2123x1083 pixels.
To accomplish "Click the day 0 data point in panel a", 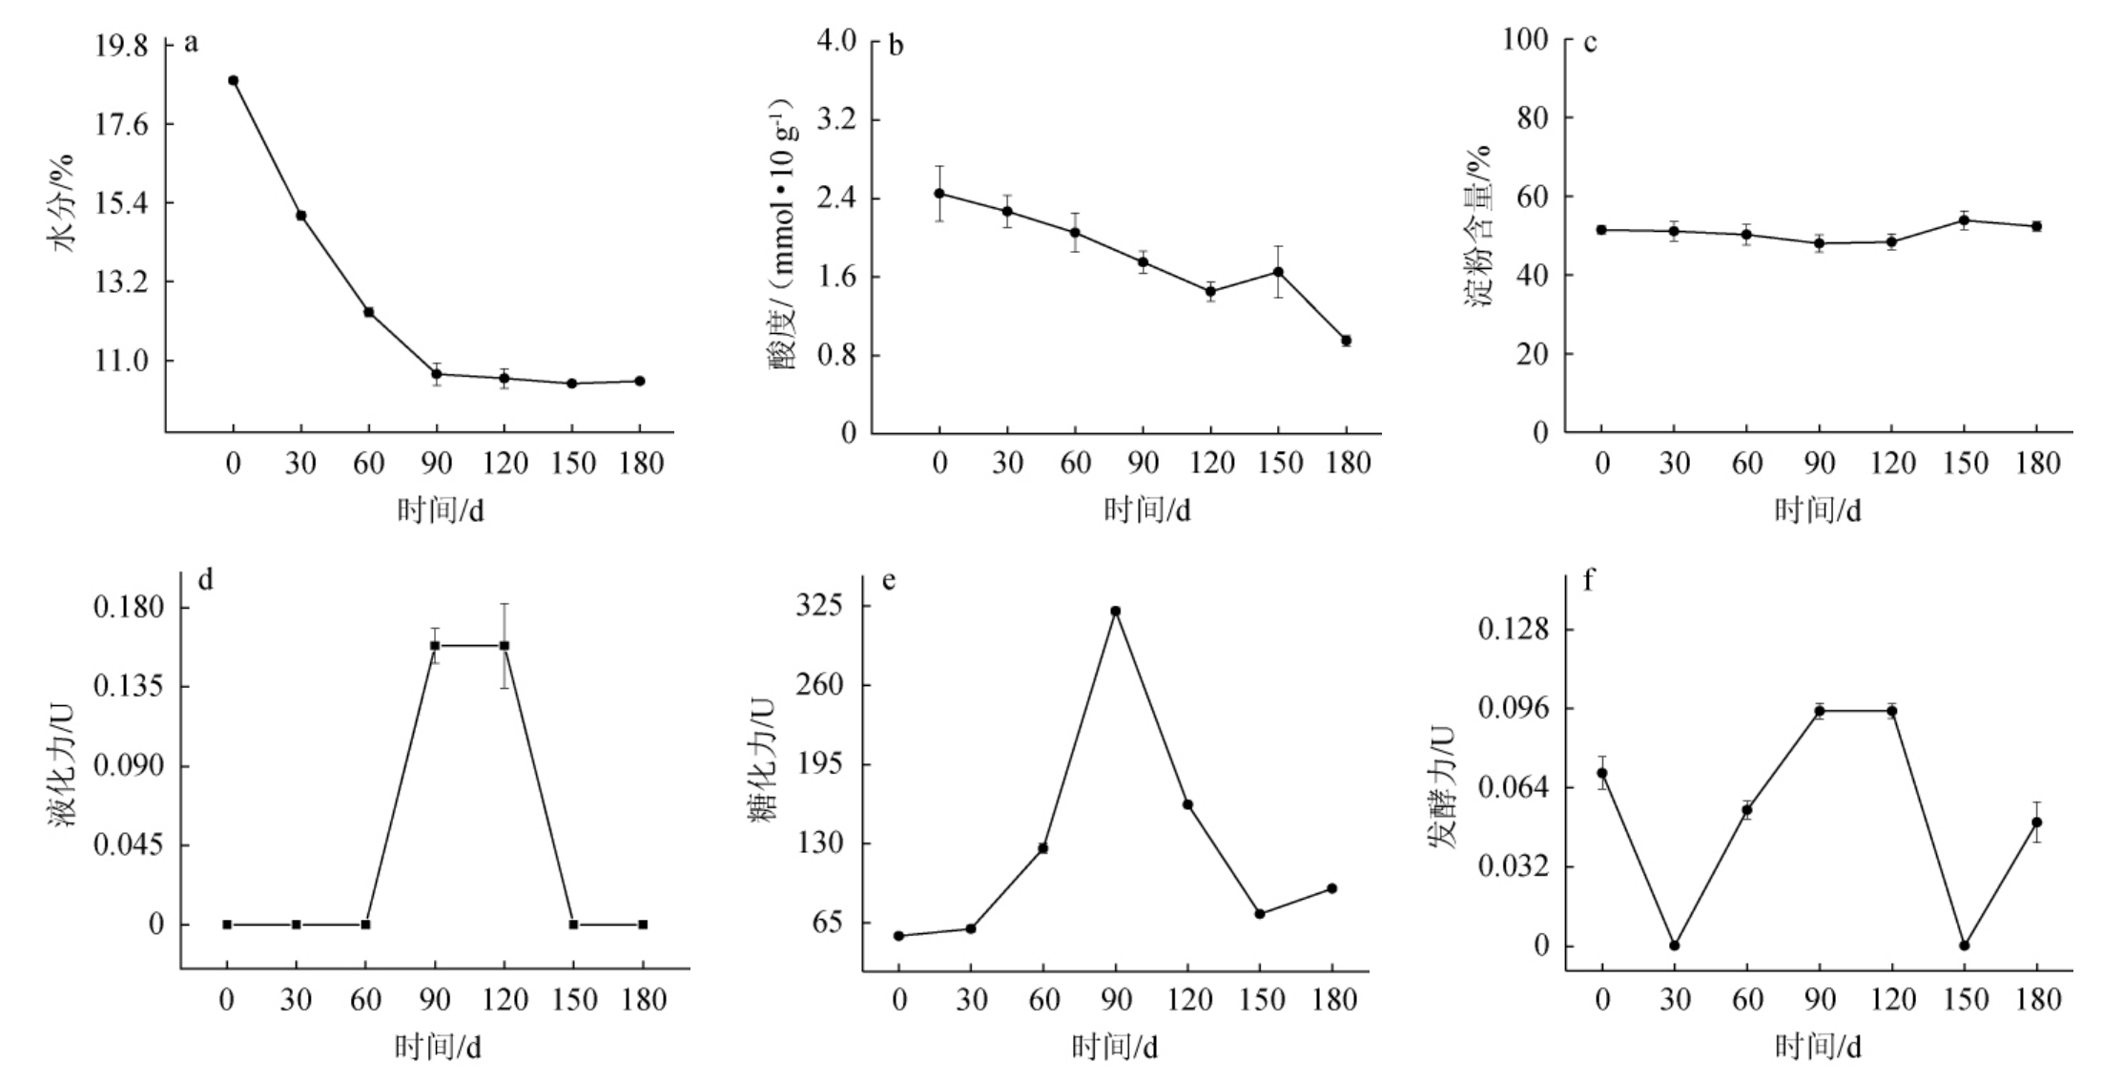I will (233, 81).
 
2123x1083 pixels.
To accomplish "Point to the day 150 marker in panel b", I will (1278, 272).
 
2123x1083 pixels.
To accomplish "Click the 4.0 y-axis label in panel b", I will (836, 41).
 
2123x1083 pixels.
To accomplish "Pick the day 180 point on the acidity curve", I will (1346, 341).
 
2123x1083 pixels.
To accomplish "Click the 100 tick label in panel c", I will (1523, 39).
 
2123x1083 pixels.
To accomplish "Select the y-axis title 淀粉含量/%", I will (1477, 225).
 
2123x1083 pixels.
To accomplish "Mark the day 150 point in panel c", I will (1964, 220).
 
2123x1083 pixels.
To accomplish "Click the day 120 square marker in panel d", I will (505, 646).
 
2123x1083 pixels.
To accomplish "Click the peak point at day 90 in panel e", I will (1115, 611).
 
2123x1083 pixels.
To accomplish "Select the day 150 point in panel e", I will (1259, 914).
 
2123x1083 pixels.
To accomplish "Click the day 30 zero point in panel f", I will (1674, 946).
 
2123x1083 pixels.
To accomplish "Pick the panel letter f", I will (1588, 580).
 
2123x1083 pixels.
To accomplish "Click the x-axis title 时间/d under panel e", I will (1114, 1048).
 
